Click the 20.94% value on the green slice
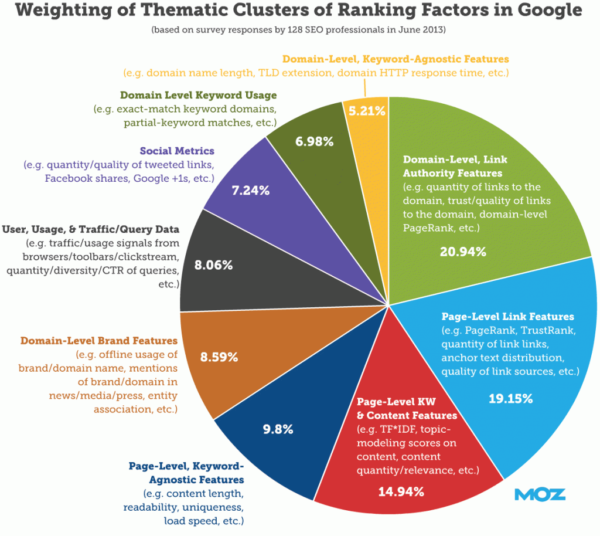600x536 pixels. click(462, 252)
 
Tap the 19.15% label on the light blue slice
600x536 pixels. click(510, 399)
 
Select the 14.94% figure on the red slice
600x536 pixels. click(401, 491)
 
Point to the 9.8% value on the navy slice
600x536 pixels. click(277, 429)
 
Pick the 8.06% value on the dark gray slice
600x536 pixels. click(213, 264)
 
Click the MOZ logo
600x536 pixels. click(540, 494)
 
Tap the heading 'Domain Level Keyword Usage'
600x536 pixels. click(198, 95)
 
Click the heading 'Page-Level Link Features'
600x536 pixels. click(507, 317)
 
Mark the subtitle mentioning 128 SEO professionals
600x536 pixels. click(299, 29)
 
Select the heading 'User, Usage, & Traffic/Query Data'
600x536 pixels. click(91, 229)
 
